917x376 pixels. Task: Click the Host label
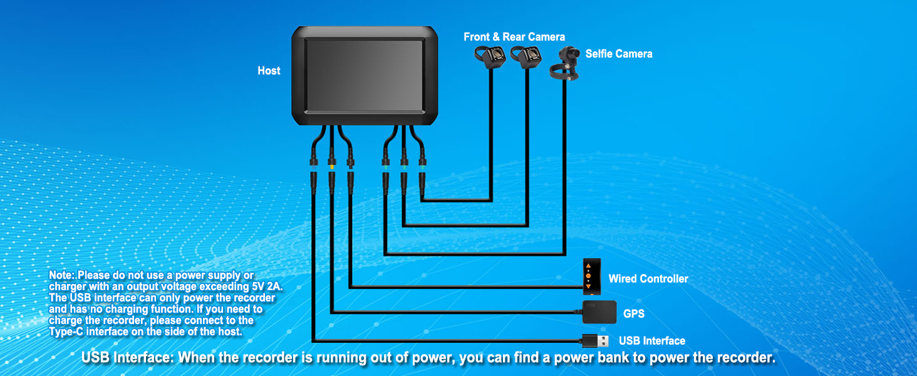point(269,71)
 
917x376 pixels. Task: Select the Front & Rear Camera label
point(514,37)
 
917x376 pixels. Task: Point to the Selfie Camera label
point(619,54)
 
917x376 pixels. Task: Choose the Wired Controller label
point(648,279)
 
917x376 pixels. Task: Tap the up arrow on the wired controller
point(588,266)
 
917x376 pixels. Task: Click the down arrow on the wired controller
point(588,286)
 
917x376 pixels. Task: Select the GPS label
point(633,313)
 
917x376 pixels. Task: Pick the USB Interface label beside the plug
point(651,341)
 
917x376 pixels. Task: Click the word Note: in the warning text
point(62,275)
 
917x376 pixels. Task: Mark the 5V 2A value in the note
point(267,286)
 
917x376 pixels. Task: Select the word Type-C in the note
point(65,332)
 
